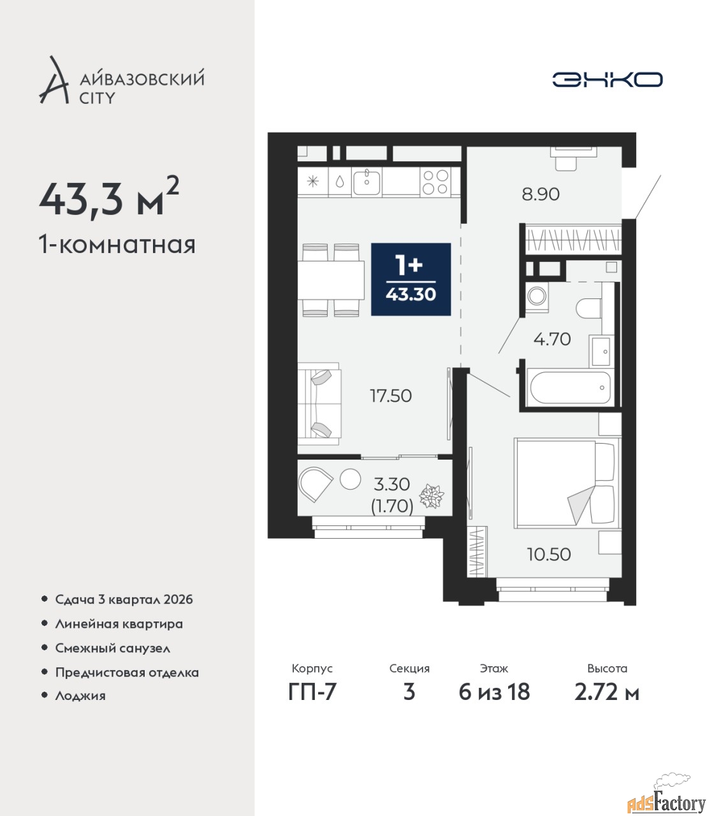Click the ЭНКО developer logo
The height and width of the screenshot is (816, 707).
tap(607, 79)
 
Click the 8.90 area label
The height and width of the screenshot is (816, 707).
tap(541, 194)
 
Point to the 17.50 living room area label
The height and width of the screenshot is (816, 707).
tap(390, 395)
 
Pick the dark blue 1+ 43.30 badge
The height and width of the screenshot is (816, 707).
tap(411, 279)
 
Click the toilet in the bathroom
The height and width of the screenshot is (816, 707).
tap(588, 309)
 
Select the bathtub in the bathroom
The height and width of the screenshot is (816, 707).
tap(571, 388)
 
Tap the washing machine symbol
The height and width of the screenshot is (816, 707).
tap(537, 296)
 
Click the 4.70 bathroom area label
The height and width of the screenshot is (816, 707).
tap(552, 339)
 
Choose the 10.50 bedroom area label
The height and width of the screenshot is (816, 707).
tap(549, 555)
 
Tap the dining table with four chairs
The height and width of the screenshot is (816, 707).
tap(331, 280)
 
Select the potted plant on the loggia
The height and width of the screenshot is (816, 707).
tap(432, 497)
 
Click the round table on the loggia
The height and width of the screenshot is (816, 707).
tap(351, 479)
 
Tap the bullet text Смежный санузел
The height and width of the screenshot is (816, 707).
tap(112, 648)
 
